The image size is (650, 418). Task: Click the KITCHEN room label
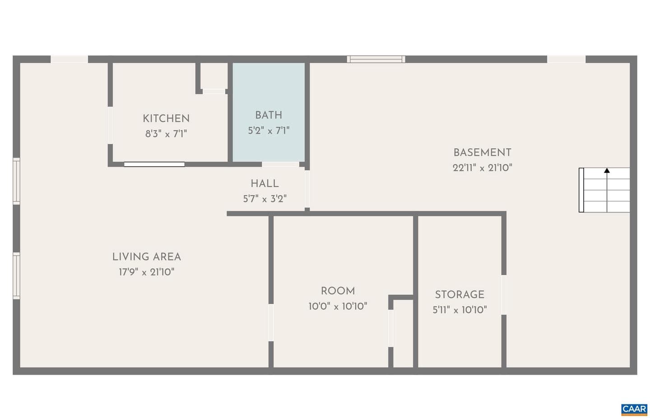click(x=166, y=119)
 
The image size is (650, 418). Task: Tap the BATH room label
click(x=269, y=115)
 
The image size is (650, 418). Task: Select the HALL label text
click(x=265, y=183)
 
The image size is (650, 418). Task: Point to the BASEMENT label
click(x=482, y=153)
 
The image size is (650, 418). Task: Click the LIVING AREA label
click(x=147, y=256)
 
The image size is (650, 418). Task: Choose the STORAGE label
click(x=460, y=295)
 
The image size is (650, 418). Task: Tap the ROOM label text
click(x=338, y=291)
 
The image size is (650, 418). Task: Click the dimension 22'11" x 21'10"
click(x=482, y=168)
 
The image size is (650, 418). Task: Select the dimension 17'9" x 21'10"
click(x=147, y=272)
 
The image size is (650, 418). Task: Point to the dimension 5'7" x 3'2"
click(x=265, y=199)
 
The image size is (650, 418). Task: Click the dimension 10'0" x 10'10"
click(x=338, y=306)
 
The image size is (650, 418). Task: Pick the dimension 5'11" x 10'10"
click(x=460, y=310)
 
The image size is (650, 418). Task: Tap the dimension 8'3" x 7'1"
click(x=166, y=134)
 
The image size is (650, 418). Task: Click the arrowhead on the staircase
click(x=607, y=170)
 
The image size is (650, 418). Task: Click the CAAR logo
click(x=634, y=409)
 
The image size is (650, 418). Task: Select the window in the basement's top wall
click(x=376, y=59)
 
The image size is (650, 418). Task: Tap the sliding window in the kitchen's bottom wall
click(x=154, y=164)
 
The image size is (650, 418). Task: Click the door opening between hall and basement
click(x=307, y=189)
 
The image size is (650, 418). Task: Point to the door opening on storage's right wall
click(x=504, y=295)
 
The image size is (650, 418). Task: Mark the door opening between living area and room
click(x=271, y=322)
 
